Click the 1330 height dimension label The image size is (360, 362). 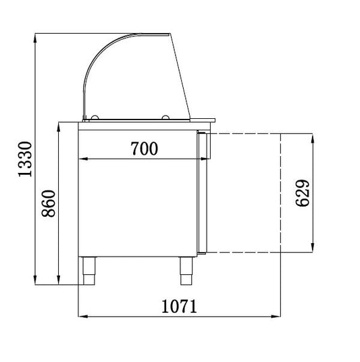coord(25,159)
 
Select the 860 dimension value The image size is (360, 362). coord(49,203)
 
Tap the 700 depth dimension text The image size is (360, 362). coord(145,148)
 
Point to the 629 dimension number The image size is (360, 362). coord(303,192)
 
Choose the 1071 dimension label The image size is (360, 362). coord(179,306)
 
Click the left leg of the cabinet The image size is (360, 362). coord(89,271)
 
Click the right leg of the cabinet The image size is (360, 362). coord(186,271)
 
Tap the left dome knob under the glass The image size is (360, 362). coord(95,118)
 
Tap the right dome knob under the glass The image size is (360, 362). coord(165,118)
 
